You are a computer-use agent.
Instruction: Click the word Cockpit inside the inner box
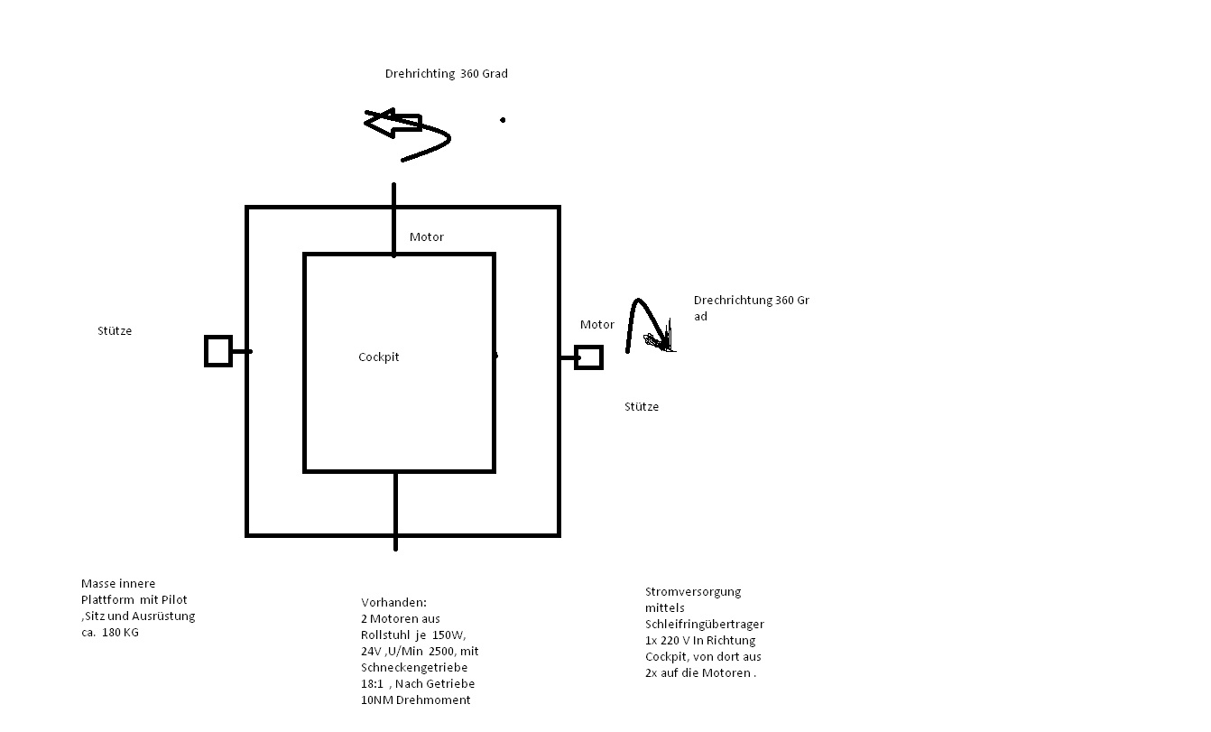click(378, 357)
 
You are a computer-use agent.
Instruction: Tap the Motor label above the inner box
click(427, 236)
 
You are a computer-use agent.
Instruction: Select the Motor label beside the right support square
click(596, 324)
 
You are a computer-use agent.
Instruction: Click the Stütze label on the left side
click(115, 330)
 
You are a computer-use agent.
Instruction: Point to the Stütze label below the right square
click(642, 406)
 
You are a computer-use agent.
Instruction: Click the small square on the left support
click(218, 351)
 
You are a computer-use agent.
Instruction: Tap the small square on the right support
click(588, 357)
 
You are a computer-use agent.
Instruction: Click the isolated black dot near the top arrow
click(503, 120)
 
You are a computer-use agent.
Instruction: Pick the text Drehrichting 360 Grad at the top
click(446, 73)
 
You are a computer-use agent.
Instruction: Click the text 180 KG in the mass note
click(120, 632)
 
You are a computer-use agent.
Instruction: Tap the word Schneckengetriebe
click(414, 667)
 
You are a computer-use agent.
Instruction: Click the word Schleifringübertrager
click(705, 624)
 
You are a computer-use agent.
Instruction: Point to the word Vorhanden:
click(393, 602)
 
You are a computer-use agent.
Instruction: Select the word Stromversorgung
click(693, 591)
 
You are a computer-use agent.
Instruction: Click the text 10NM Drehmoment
click(415, 700)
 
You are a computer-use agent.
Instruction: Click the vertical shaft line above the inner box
click(393, 220)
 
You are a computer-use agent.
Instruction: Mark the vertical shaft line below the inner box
click(396, 511)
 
